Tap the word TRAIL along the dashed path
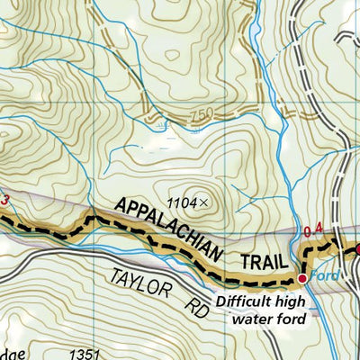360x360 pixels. [261, 262]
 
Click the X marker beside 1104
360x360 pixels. [204, 203]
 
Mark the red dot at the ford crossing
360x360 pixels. [302, 279]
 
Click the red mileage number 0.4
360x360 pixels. [311, 233]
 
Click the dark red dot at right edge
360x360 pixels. [356, 249]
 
